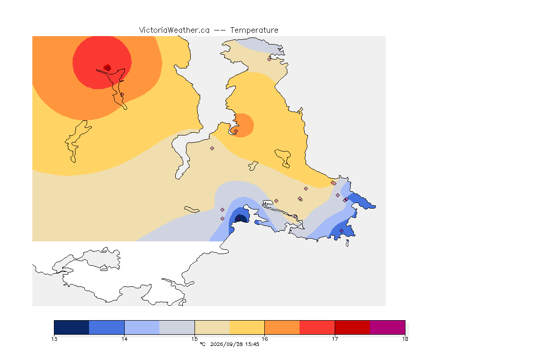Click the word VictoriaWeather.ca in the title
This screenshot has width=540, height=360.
[174, 30]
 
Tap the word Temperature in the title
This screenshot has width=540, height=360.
[254, 30]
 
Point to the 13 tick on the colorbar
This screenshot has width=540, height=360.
[54, 339]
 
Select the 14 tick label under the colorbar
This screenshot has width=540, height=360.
[124, 339]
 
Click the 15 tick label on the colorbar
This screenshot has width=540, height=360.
[195, 339]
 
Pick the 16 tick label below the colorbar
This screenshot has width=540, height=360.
[264, 339]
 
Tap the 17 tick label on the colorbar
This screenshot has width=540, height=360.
[335, 339]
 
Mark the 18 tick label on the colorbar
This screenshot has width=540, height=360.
[405, 339]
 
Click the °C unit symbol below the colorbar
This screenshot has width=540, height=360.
[202, 344]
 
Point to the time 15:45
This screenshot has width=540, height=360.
[252, 344]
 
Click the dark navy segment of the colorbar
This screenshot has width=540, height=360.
[72, 327]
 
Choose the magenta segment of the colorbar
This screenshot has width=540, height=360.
[388, 327]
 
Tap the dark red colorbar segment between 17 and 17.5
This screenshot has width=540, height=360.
[352, 327]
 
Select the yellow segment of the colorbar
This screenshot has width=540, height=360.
[247, 327]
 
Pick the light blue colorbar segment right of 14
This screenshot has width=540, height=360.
[142, 327]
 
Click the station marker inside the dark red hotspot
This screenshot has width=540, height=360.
[108, 68]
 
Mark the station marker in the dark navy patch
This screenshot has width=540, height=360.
[238, 219]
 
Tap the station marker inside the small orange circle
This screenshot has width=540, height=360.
[236, 131]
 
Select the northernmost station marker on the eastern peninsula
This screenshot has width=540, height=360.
[270, 59]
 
